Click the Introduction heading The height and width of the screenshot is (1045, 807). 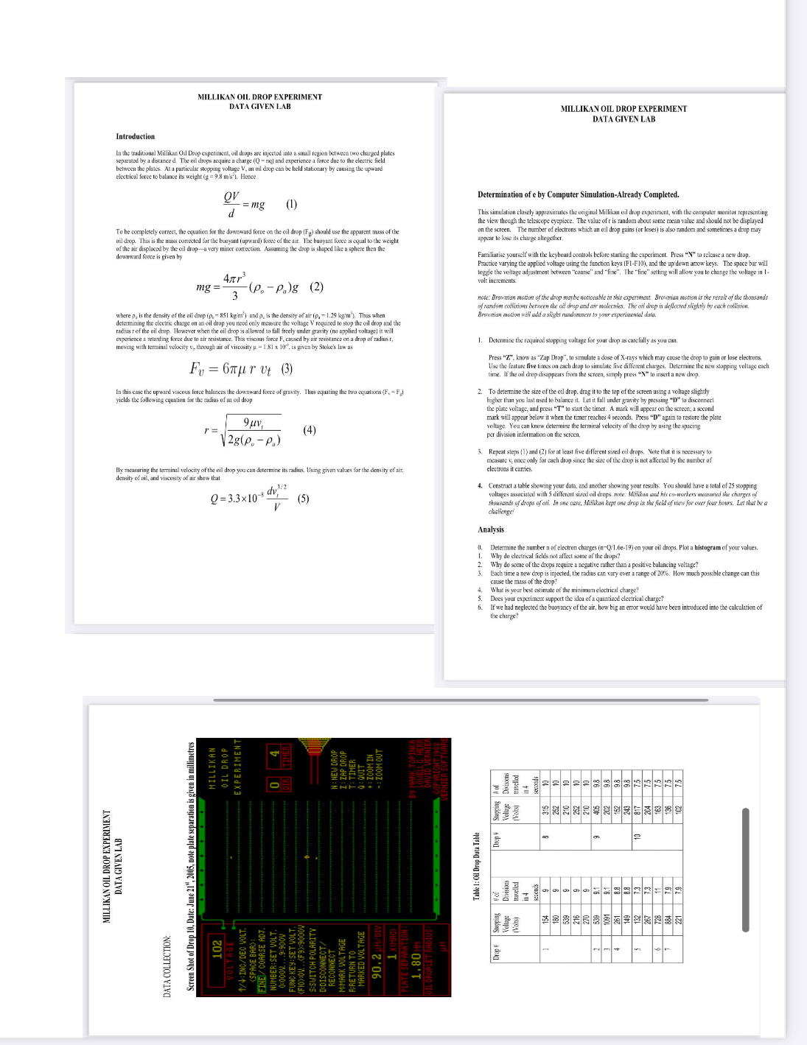point(135,136)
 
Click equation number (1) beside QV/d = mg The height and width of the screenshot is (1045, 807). point(291,204)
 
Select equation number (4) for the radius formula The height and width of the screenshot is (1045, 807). point(310,429)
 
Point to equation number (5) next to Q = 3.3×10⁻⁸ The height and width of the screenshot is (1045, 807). point(303,498)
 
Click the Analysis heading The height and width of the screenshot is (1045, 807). point(490,529)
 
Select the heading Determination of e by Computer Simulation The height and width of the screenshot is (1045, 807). point(578,194)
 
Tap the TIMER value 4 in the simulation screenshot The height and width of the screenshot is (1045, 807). point(273,753)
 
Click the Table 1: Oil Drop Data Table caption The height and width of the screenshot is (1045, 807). point(477,866)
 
